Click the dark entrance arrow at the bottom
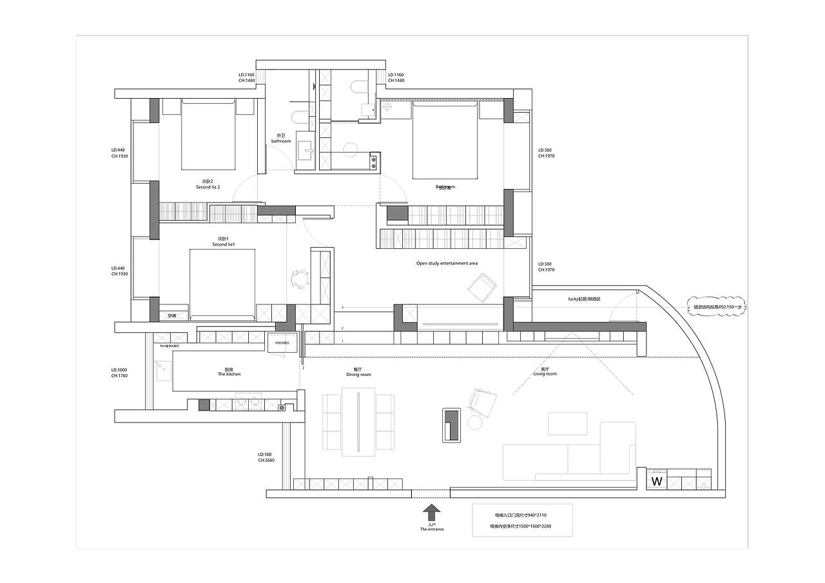(x=432, y=513)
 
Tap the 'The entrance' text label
(x=432, y=529)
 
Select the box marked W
(x=657, y=481)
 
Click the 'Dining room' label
(x=358, y=372)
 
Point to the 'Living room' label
(x=545, y=372)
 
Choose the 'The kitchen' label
(x=229, y=372)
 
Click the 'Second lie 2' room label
(x=208, y=185)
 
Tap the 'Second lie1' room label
(x=223, y=242)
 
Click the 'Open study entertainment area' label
(x=447, y=263)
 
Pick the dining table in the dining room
(x=359, y=420)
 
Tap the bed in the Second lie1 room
(x=222, y=284)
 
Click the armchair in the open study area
(x=482, y=287)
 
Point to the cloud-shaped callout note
(x=717, y=307)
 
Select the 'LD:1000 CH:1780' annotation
(x=120, y=373)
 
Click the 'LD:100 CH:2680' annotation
(x=266, y=457)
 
